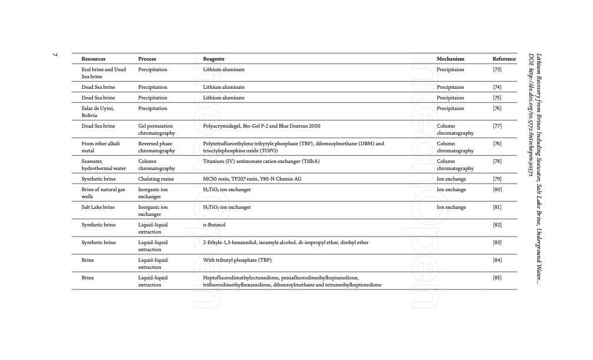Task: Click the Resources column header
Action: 94,59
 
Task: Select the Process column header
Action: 147,59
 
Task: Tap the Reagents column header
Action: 214,59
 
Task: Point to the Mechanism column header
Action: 451,59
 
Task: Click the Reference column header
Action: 504,59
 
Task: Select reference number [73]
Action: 497,69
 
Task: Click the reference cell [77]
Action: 497,126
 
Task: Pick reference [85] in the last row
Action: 497,278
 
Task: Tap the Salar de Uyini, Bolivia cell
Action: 98,112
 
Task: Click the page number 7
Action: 55,55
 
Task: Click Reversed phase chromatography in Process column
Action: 156,147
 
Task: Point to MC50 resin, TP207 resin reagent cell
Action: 253,179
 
